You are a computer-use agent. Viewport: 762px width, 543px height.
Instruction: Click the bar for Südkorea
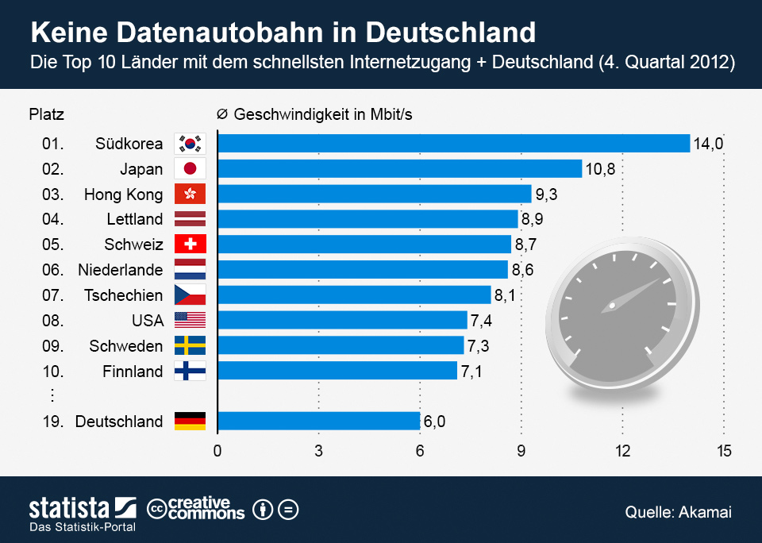(x=453, y=143)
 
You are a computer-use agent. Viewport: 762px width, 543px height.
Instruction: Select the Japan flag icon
(x=190, y=168)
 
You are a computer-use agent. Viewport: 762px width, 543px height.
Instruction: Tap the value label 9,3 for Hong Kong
(x=547, y=194)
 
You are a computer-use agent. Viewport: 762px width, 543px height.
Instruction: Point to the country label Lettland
(x=134, y=219)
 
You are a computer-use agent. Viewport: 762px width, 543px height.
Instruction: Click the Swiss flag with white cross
(x=190, y=245)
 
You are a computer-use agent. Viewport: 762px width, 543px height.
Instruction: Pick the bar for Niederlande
(x=362, y=270)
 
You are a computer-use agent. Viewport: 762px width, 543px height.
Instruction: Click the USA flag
(x=190, y=320)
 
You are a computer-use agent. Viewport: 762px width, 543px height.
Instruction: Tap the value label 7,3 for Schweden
(x=479, y=346)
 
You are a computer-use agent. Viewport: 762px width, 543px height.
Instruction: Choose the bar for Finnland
(x=337, y=371)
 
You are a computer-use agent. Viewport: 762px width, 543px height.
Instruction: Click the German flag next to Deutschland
(x=190, y=422)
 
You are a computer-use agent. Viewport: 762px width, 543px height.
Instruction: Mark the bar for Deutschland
(x=318, y=422)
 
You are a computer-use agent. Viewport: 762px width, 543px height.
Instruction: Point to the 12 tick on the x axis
(x=622, y=452)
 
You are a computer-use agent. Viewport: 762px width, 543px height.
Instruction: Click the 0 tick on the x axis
(x=217, y=452)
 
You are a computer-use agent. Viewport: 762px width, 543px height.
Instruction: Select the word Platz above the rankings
(x=46, y=114)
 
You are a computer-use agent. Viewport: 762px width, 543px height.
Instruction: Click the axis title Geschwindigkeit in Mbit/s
(x=322, y=114)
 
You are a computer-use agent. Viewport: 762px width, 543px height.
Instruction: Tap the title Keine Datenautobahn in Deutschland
(x=282, y=33)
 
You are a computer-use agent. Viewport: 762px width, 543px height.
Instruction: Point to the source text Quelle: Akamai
(x=678, y=512)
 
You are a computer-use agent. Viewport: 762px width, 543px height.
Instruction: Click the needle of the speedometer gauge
(x=635, y=292)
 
